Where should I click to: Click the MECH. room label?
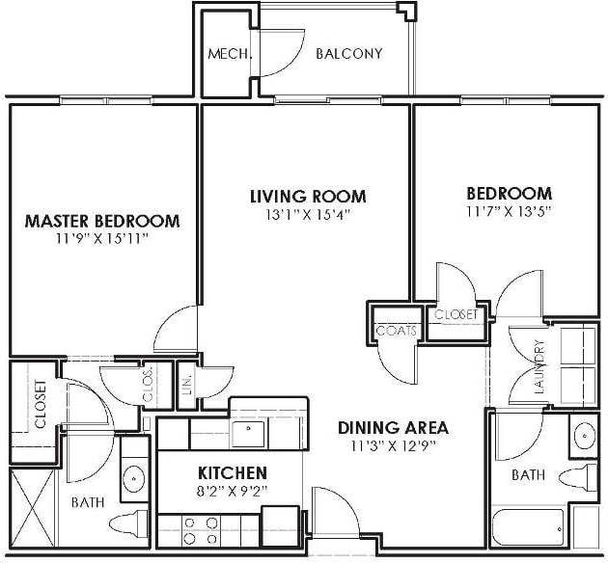tap(230, 54)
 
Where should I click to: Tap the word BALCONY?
tap(349, 54)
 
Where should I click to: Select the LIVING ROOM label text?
tap(308, 197)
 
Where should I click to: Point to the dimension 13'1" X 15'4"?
tap(308, 215)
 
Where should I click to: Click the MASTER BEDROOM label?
tap(102, 221)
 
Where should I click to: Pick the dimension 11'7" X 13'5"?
tap(508, 211)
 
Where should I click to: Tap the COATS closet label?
tap(397, 331)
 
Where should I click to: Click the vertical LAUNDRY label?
tap(539, 369)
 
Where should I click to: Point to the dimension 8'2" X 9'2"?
tap(232, 492)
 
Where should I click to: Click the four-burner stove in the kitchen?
tap(199, 531)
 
